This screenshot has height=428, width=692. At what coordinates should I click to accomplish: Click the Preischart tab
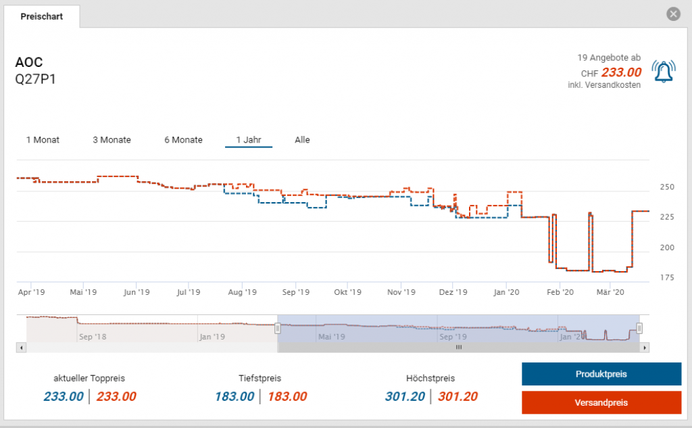coord(42,16)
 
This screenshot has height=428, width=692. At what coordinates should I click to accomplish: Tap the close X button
coord(672,14)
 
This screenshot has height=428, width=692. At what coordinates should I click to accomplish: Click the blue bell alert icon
coord(663,70)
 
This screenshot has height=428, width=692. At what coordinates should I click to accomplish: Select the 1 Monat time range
coord(43,140)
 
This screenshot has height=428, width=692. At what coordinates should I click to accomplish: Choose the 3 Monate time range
coord(112,140)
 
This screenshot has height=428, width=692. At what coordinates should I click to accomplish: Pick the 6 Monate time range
coord(183,140)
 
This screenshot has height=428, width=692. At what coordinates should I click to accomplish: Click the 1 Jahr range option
coord(248,140)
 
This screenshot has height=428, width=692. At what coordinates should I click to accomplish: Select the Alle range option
coord(302,140)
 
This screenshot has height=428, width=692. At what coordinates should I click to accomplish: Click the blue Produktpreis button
coord(601,374)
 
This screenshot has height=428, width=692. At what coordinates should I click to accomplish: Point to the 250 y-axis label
coord(667,187)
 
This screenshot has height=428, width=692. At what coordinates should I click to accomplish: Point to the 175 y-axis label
coord(667,278)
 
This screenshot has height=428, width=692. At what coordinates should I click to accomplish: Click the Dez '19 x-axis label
coord(453,292)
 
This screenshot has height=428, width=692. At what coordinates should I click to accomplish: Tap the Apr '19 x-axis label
coord(31,292)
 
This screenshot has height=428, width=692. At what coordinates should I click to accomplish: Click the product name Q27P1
coord(35,79)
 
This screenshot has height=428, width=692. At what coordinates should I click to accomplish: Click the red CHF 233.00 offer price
coord(621,72)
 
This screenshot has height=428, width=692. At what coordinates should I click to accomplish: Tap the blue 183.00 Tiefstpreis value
coord(234,397)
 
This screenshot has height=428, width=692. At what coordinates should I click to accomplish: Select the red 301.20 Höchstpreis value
coord(458,397)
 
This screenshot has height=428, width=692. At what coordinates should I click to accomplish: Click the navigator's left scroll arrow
coord(21,348)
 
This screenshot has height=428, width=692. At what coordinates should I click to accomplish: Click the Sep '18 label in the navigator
coord(93,336)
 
